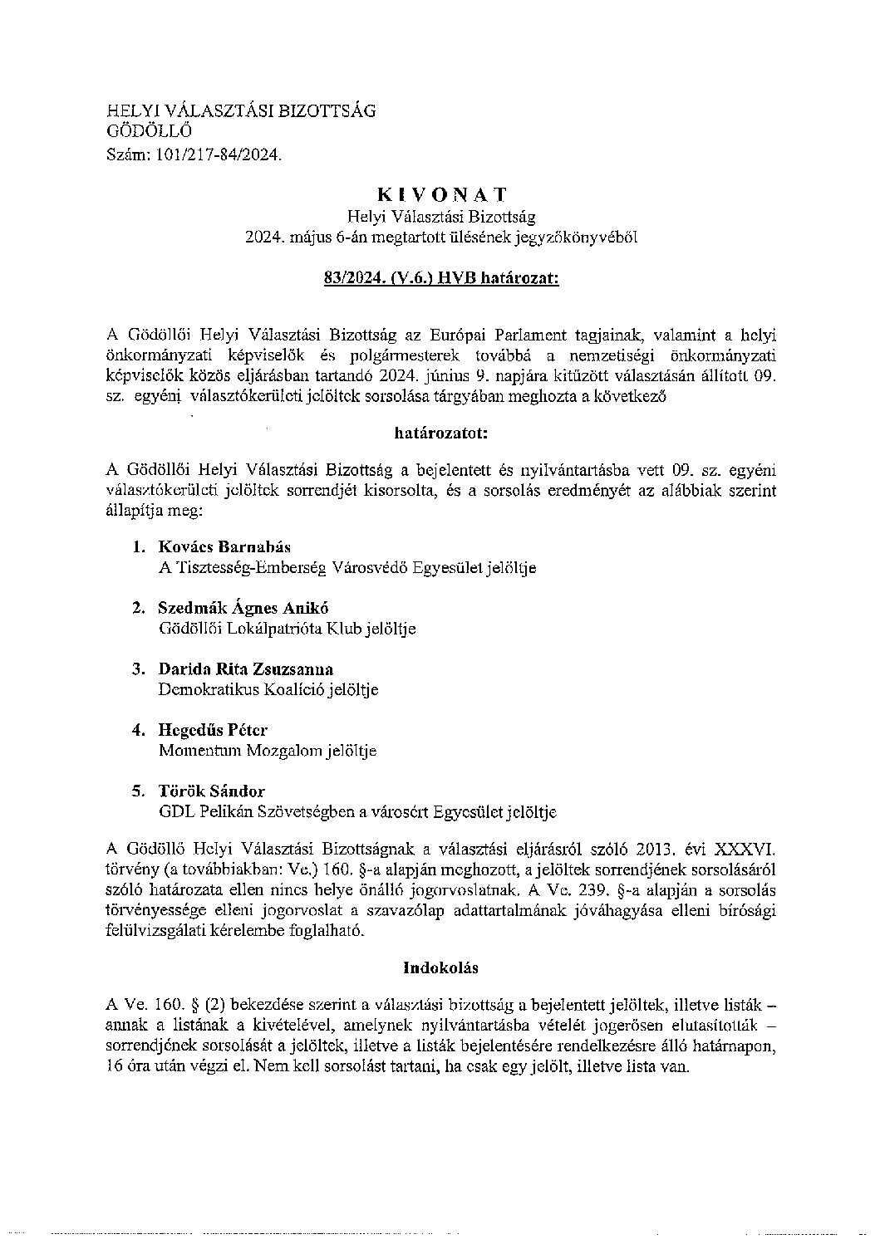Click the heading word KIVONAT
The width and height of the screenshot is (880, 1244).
point(441,194)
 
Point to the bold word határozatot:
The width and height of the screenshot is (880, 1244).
point(441,433)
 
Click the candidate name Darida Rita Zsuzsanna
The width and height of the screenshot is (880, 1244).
point(245,669)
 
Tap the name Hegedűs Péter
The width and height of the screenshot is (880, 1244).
point(213,730)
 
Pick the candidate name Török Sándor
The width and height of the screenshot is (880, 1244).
point(211,791)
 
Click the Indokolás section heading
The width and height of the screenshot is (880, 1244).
point(441,967)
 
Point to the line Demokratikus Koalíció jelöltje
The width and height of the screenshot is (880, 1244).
point(268,690)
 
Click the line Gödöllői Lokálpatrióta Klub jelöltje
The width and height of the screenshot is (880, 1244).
point(287,629)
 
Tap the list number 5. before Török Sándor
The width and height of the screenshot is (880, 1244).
point(139,791)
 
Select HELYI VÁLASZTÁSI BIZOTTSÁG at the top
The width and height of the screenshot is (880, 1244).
point(242,110)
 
